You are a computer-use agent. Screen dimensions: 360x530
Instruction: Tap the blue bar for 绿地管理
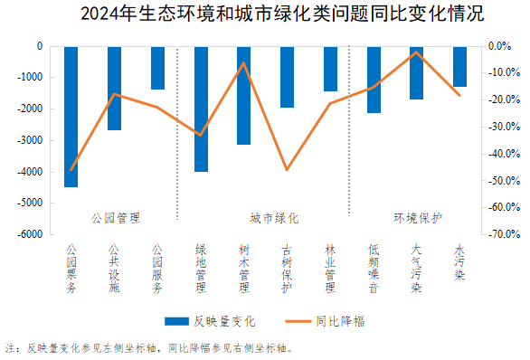(201, 109)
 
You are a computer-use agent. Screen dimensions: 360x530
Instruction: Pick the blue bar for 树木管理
(243, 95)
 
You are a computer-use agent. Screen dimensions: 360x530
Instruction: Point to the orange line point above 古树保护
(287, 169)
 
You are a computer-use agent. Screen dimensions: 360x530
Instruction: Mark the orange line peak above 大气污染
(416, 52)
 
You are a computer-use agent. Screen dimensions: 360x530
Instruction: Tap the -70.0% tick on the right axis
(503, 234)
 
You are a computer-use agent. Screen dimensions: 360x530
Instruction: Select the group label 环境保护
(417, 218)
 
